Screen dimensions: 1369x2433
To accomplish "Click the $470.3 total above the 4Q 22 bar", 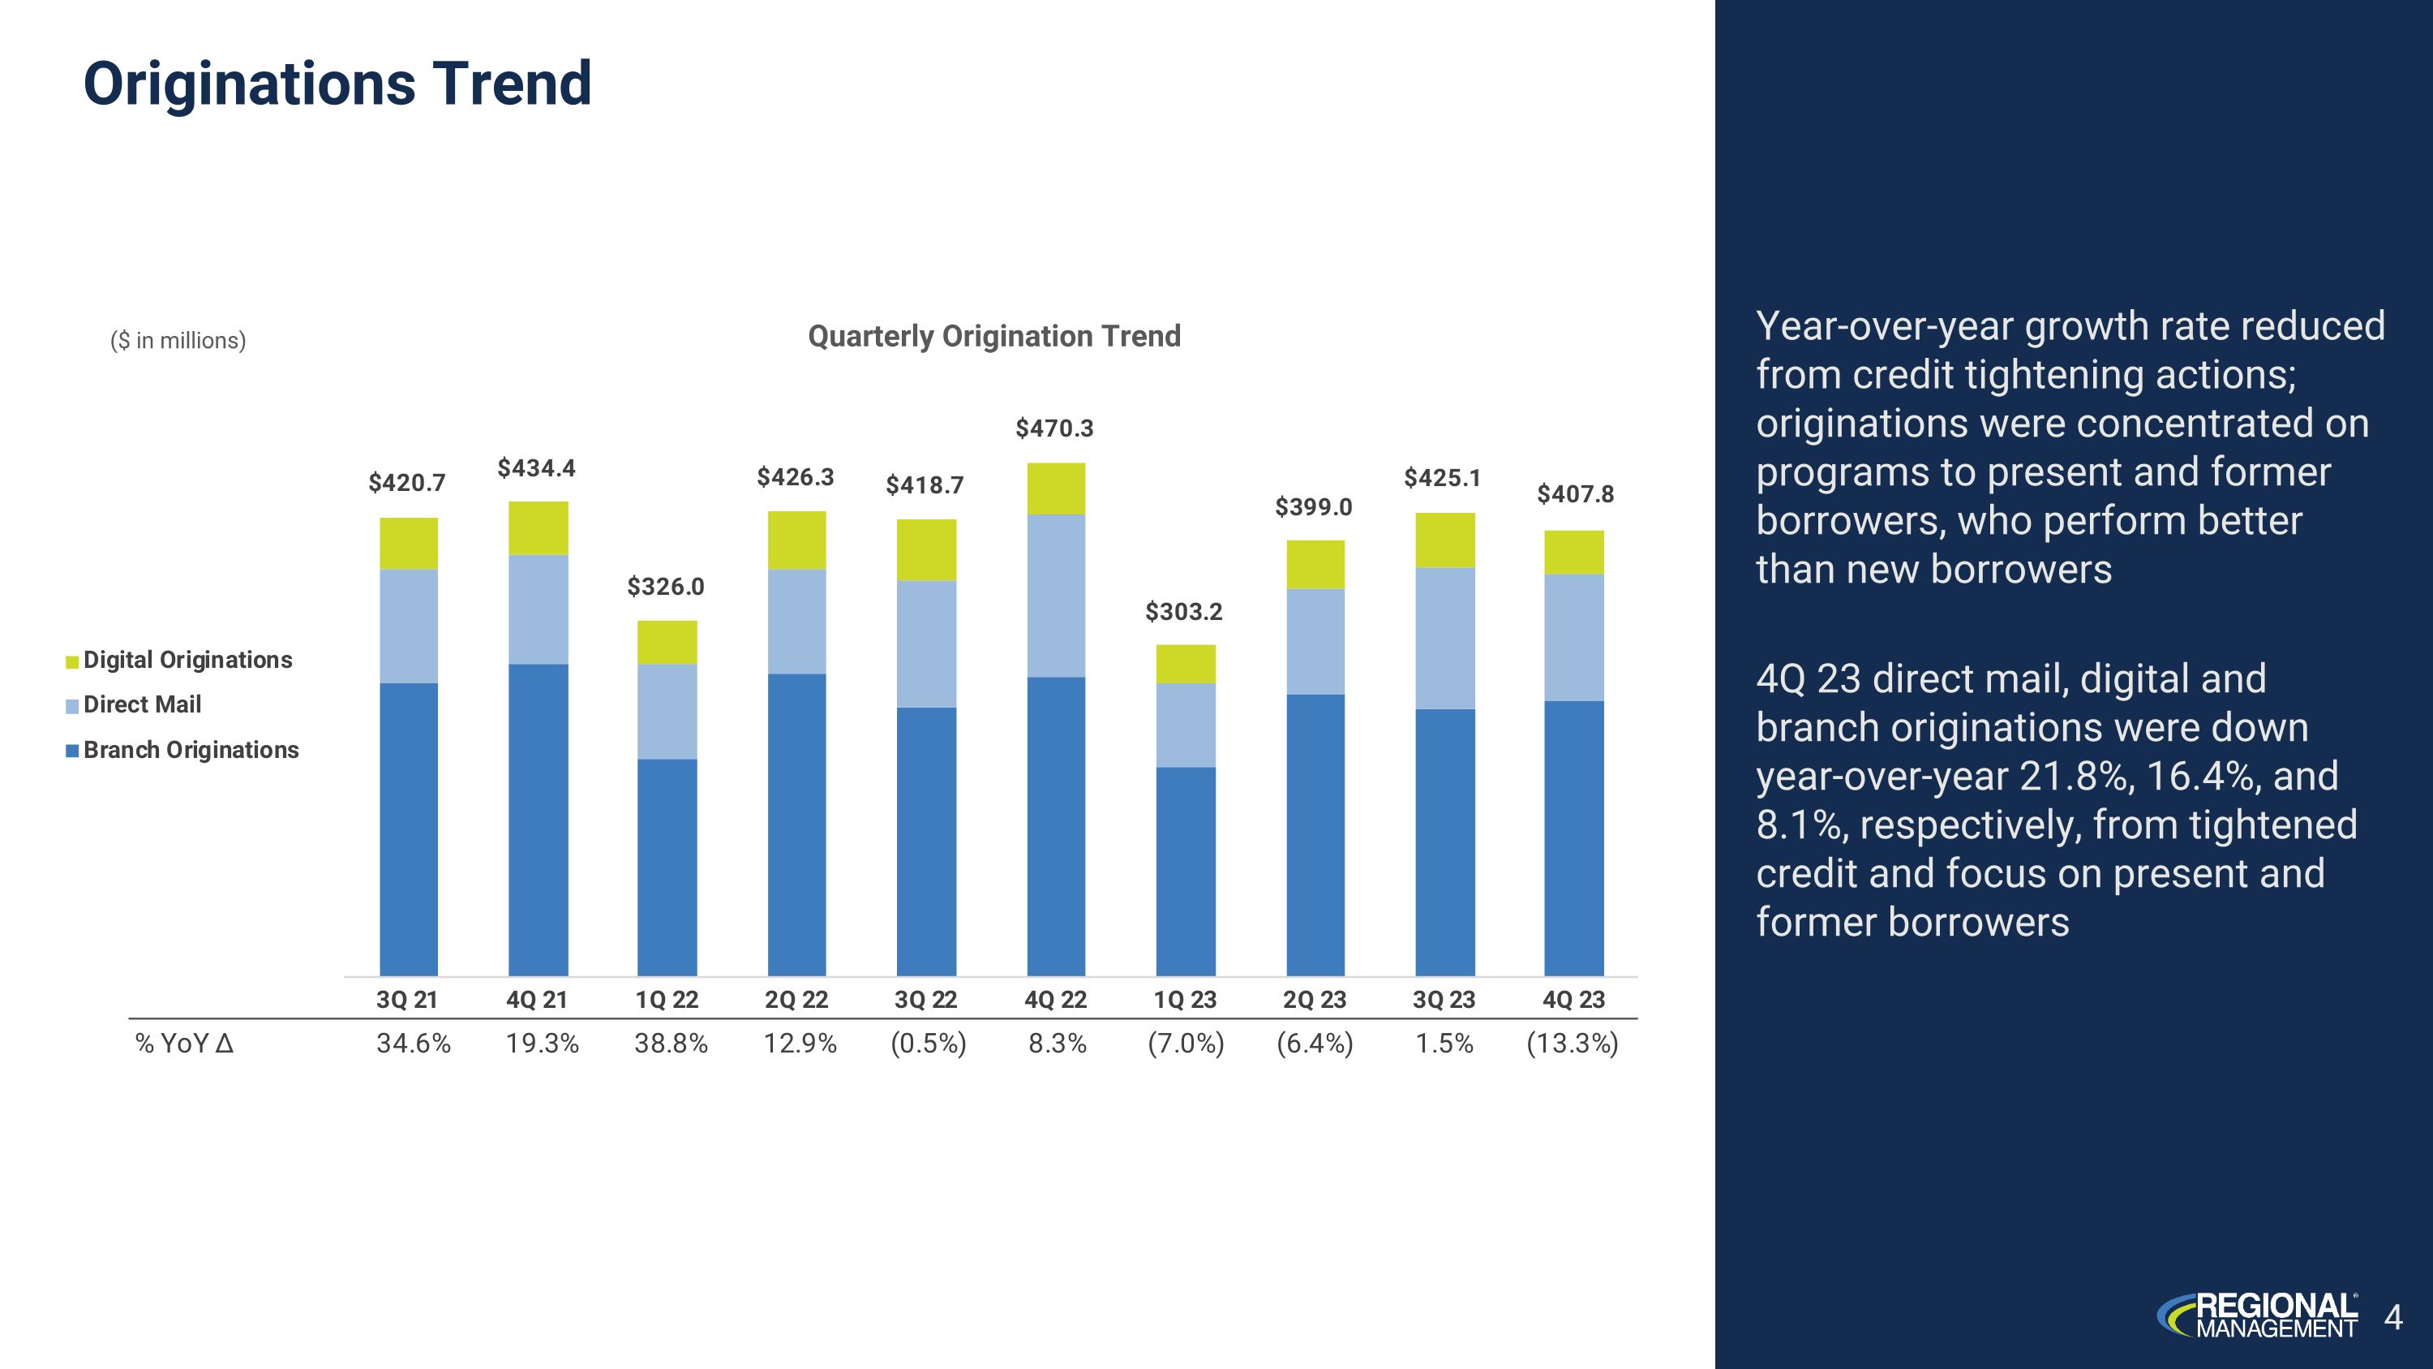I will pyautogui.click(x=1054, y=428).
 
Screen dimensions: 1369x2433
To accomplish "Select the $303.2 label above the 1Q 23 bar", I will pyautogui.click(x=1183, y=611).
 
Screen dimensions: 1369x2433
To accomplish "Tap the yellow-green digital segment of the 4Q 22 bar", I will pyautogui.click(x=1055, y=489).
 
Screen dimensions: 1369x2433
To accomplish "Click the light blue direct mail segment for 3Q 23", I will pyautogui.click(x=1444, y=638).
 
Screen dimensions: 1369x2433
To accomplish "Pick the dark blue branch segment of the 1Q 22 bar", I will pyautogui.click(x=667, y=867).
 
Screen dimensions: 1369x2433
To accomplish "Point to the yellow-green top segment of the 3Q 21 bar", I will pyautogui.click(x=408, y=543).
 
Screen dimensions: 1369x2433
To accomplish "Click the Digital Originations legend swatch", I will pyautogui.click(x=72, y=661).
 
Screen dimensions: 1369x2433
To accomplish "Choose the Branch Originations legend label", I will pyautogui.click(x=191, y=749).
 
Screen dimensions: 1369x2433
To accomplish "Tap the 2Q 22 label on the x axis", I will pyautogui.click(x=796, y=1000).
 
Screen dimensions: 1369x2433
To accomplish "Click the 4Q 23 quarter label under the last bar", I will pyautogui.click(x=1573, y=1000).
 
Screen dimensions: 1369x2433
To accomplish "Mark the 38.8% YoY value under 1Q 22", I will pyautogui.click(x=671, y=1043).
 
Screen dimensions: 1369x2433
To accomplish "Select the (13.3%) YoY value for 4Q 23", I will pyautogui.click(x=1572, y=1043).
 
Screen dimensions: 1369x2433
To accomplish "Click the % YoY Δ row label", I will pyautogui.click(x=184, y=1043).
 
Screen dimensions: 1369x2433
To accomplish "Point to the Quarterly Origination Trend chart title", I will pyautogui.click(x=993, y=335).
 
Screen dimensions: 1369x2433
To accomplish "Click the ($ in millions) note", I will pyautogui.click(x=178, y=340).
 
